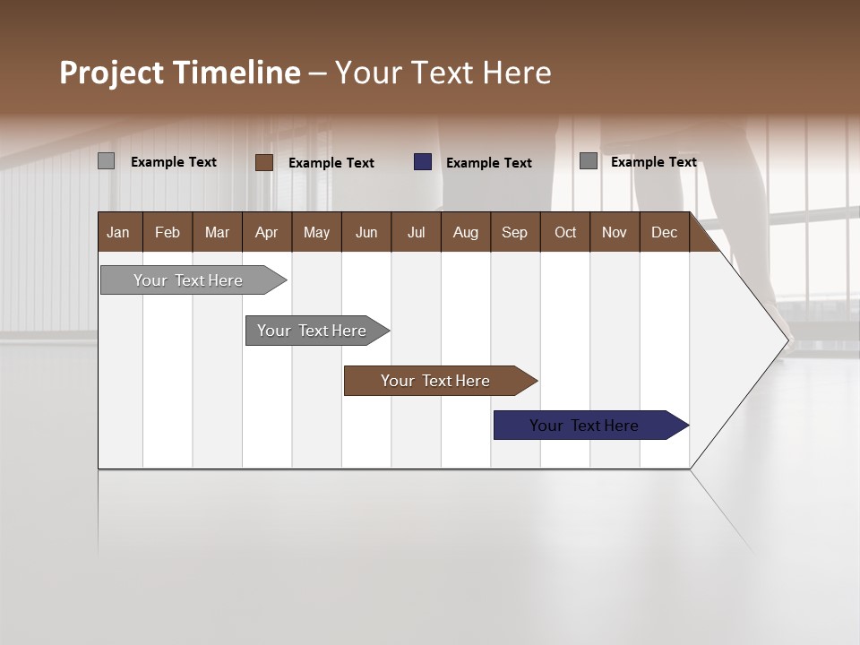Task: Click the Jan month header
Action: coord(119,232)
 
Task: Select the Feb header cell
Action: coord(168,232)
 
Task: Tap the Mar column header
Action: coord(217,232)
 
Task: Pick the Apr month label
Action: coord(267,232)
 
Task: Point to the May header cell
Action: coord(316,232)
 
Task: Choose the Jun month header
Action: coord(366,232)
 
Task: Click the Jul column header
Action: coord(416,232)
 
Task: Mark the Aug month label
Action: coord(466,232)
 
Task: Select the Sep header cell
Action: coord(515,232)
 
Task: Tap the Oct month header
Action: coord(565,232)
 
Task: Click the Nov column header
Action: coord(615,232)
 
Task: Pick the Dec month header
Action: coord(665,232)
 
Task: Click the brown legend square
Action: coord(264,162)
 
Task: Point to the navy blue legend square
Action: coord(423,162)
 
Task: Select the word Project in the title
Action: coord(112,73)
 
